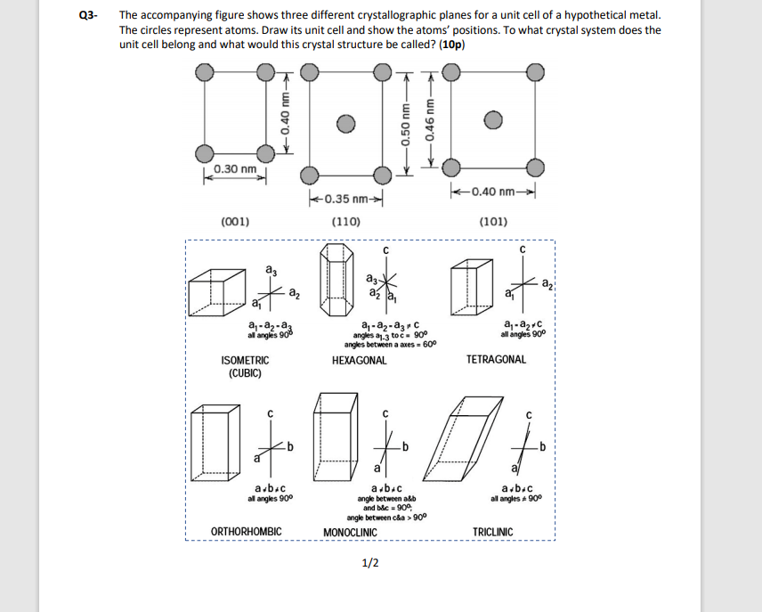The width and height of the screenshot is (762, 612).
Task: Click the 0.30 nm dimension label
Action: coord(235,169)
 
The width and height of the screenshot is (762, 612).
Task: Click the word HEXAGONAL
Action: coord(359,361)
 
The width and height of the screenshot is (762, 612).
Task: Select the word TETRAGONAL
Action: coord(496,360)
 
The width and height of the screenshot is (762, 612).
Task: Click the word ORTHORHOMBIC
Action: coord(247,532)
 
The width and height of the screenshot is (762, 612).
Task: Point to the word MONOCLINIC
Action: coord(350,533)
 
